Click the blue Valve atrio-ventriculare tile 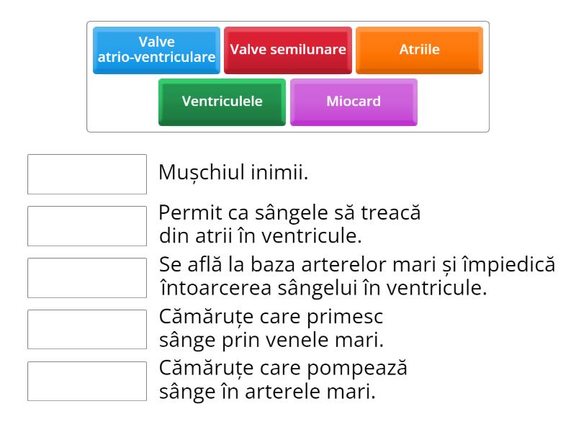tap(156, 50)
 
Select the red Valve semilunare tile tap(288, 50)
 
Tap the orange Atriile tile tap(419, 50)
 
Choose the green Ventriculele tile tap(222, 101)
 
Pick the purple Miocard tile tap(354, 101)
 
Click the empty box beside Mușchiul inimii tap(87, 174)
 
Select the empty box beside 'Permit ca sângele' tap(87, 226)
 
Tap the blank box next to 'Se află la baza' tap(87, 278)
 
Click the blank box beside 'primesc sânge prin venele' tap(87, 329)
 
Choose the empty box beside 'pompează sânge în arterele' tap(87, 381)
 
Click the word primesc tap(345, 318)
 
